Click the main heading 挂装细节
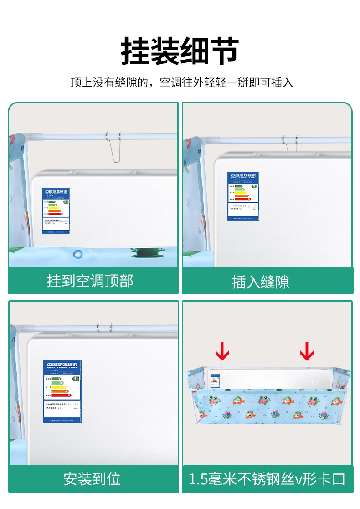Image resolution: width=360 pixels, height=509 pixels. tap(180, 51)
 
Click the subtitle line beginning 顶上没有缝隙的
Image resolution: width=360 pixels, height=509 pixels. tap(181, 82)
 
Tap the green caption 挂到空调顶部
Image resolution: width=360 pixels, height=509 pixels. tap(90, 281)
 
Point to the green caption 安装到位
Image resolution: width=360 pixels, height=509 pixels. tap(92, 479)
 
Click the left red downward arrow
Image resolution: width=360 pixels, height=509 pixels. tap(222, 350)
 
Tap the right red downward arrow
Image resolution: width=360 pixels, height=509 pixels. tap(307, 350)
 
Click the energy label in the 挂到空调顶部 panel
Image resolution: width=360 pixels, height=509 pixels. tap(56, 211)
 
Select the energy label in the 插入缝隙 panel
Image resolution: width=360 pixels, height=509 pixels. tap(243, 196)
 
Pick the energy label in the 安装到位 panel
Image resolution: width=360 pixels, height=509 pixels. tap(62, 391)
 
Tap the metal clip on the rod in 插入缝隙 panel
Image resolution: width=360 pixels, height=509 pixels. tap(290, 142)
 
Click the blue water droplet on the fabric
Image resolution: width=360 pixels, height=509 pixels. tap(78, 253)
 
